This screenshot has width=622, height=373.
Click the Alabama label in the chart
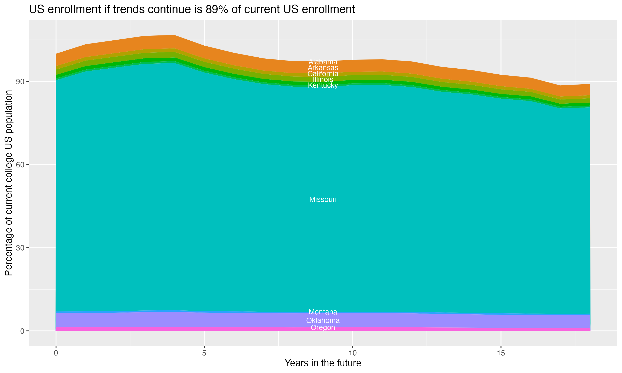pyautogui.click(x=323, y=62)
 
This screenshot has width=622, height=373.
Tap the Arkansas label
pyautogui.click(x=323, y=68)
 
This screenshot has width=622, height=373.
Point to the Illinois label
pyautogui.click(x=323, y=79)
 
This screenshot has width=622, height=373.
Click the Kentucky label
pyautogui.click(x=323, y=85)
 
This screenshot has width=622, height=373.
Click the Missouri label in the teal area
pyautogui.click(x=323, y=200)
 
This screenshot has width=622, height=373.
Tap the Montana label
pyautogui.click(x=323, y=312)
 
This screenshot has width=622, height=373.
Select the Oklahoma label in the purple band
pyautogui.click(x=323, y=320)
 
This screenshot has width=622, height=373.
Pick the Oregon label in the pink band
pyautogui.click(x=323, y=327)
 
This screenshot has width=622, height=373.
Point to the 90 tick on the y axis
pyautogui.click(x=20, y=82)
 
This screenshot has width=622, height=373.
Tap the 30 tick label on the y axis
pyautogui.click(x=20, y=248)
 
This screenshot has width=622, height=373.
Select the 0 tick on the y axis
pyautogui.click(x=22, y=331)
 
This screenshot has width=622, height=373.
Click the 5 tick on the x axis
pyautogui.click(x=204, y=353)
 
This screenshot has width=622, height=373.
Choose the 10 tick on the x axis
pyautogui.click(x=352, y=353)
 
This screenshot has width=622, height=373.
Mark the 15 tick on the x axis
pyautogui.click(x=501, y=353)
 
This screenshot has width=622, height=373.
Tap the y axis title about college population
pyautogui.click(x=9, y=183)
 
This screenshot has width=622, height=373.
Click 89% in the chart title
pyautogui.click(x=216, y=10)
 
